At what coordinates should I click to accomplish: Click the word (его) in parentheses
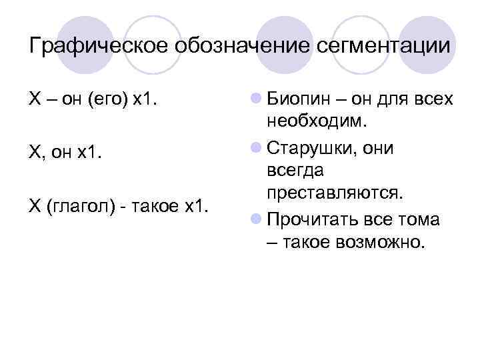tap(106, 99)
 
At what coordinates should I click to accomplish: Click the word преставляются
tap(334, 193)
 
